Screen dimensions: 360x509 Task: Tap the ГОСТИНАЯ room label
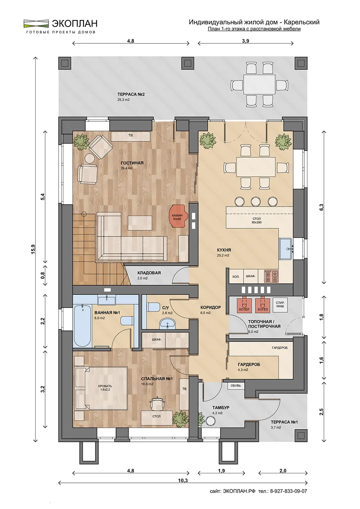[x=132, y=163]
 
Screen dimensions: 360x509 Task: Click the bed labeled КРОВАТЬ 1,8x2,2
[x=101, y=388]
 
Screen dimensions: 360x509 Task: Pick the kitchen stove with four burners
[x=271, y=276]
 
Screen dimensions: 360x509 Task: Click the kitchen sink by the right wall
[x=286, y=249]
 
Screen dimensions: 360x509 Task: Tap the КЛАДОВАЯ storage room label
[x=149, y=273]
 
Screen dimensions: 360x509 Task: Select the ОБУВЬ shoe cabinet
[x=236, y=385]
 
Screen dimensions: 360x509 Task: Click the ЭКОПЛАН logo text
[x=75, y=23]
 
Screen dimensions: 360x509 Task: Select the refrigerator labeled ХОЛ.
[x=236, y=276]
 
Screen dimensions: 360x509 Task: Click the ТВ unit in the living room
[x=131, y=136]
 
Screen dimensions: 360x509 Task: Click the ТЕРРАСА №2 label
[x=131, y=94]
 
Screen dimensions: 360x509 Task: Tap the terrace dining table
[x=259, y=84]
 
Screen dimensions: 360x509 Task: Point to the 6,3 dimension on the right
[x=321, y=207]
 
